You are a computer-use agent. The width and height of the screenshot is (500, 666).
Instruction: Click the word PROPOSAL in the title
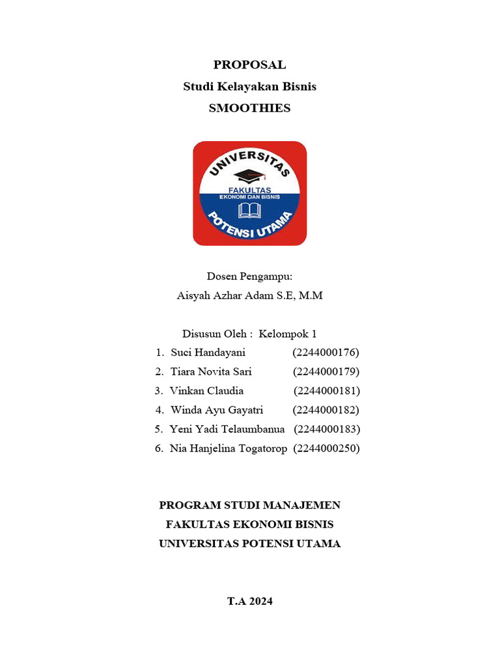pos(249,65)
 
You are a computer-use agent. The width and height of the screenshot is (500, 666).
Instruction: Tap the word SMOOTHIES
pos(249,109)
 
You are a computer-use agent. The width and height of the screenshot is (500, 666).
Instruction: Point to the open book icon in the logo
pos(250,210)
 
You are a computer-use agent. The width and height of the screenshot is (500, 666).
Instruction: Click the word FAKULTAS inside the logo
pos(250,190)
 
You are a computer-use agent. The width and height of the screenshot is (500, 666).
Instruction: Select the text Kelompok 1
pos(287,334)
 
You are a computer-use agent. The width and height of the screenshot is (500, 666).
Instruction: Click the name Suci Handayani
pos(208,353)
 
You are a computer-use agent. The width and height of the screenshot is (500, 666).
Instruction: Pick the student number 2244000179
pos(326,372)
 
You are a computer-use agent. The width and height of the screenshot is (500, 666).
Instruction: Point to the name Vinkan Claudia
pos(206,391)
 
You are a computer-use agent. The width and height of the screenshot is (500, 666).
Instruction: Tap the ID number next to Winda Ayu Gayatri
pos(326,410)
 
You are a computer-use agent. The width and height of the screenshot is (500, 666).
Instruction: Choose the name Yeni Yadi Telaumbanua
pos(227,429)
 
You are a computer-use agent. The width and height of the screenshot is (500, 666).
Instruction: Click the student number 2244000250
pos(327,449)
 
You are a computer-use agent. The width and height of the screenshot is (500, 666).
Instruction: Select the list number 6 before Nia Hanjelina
pos(158,449)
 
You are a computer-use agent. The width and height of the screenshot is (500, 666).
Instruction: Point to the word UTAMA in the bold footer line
pos(318,544)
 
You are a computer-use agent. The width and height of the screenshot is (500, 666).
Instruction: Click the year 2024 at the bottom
pos(259,602)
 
